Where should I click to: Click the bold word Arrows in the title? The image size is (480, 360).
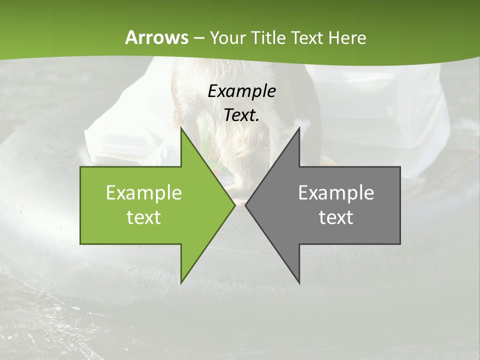click(x=156, y=37)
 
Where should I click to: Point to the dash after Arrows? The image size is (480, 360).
click(x=198, y=38)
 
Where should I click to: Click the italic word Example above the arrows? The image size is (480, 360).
click(x=242, y=91)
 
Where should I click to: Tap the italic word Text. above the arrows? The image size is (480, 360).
click(x=242, y=115)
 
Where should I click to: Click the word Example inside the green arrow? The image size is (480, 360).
click(x=144, y=192)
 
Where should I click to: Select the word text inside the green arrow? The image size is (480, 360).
click(x=144, y=217)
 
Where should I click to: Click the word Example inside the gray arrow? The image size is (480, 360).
click(x=336, y=192)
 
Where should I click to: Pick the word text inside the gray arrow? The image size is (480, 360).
click(x=336, y=217)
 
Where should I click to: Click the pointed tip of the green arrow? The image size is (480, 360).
click(x=234, y=205)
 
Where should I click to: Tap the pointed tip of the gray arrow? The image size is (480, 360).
click(x=245, y=205)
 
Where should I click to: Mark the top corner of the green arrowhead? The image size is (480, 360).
click(x=181, y=128)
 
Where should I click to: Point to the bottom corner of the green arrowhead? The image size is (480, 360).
click(x=181, y=283)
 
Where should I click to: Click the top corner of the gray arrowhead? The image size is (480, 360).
click(x=299, y=128)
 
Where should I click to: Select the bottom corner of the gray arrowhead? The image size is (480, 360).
click(x=299, y=283)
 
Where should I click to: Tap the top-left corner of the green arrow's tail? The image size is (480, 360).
click(x=81, y=167)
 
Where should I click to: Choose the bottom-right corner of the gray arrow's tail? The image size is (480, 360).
click(x=399, y=243)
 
